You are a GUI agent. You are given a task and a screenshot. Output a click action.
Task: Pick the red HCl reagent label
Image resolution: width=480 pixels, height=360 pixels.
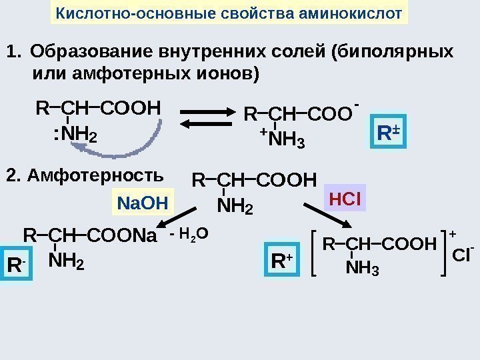pyautogui.click(x=345, y=200)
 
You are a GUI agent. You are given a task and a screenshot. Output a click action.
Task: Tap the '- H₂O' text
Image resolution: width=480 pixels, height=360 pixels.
pyautogui.click(x=189, y=234)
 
